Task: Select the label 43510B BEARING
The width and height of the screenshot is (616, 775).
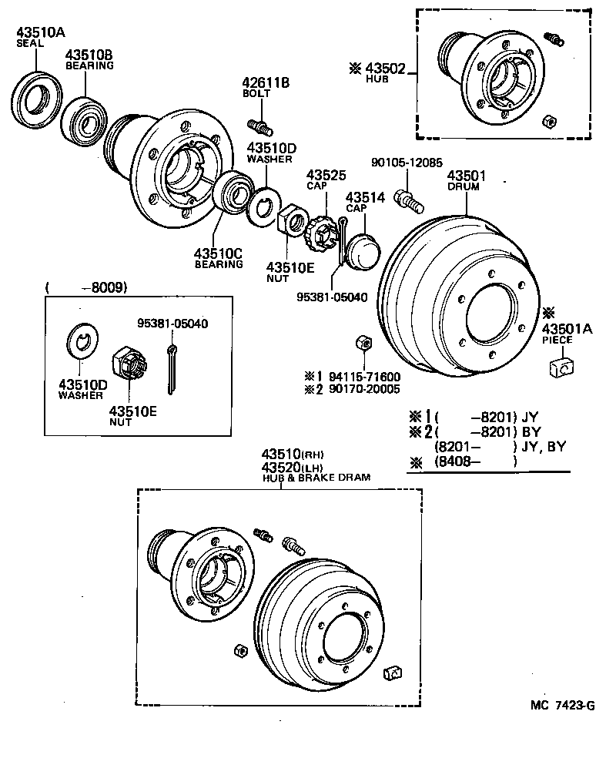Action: click(x=89, y=56)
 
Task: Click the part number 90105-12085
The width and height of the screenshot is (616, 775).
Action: click(x=407, y=163)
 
